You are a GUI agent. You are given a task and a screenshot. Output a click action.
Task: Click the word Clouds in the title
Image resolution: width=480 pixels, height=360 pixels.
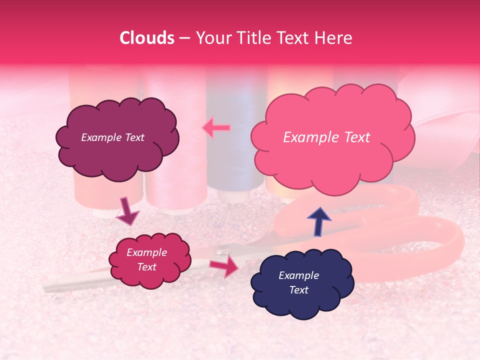click(x=147, y=38)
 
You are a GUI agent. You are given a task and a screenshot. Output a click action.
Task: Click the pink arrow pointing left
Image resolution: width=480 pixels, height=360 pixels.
click(x=216, y=128)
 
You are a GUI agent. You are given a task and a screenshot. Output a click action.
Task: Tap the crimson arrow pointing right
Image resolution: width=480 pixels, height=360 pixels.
click(x=224, y=266)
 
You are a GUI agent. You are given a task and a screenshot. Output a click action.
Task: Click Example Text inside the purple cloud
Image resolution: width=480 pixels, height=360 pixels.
click(x=112, y=137)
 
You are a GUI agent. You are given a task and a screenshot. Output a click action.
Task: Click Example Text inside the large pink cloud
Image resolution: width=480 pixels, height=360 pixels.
click(x=326, y=137)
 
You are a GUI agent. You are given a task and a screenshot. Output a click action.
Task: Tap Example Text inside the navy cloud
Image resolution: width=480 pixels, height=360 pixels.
click(x=298, y=282)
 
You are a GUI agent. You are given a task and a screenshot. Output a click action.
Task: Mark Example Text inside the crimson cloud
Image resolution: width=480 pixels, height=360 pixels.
click(x=146, y=259)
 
